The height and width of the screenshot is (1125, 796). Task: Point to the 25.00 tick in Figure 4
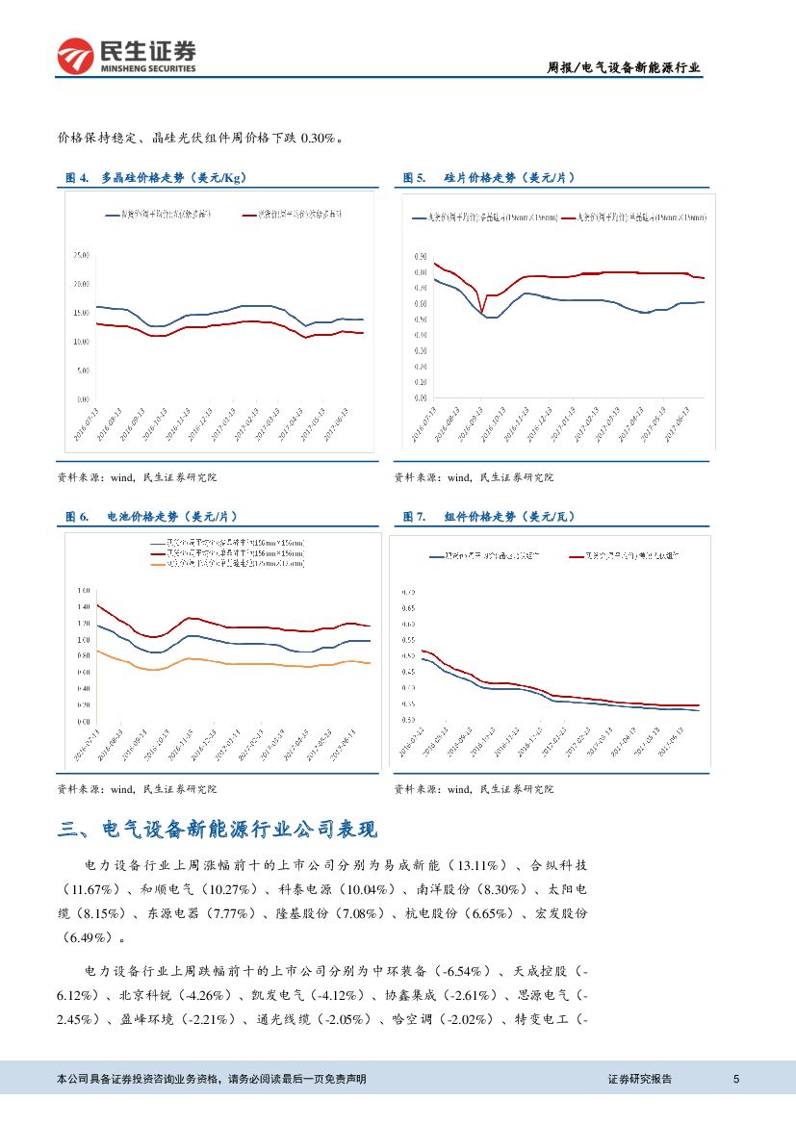[x=81, y=255]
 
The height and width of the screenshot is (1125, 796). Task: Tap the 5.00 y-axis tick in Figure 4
[x=83, y=370]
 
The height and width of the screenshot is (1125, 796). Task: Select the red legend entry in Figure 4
[x=293, y=214]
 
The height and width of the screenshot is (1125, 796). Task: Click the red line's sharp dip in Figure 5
[x=481, y=311]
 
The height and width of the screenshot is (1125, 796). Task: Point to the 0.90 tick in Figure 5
[x=420, y=257]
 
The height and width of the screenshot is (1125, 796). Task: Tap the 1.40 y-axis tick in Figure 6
[x=81, y=606]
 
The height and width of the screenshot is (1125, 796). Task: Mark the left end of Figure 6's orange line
[x=97, y=651]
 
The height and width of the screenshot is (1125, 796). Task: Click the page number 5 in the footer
[x=736, y=1079]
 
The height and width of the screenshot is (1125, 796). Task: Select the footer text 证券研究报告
[x=640, y=1079]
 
